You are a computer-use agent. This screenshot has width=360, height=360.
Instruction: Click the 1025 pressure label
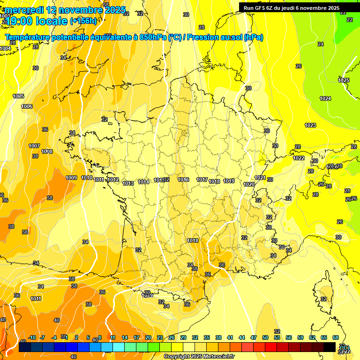coord(344,80)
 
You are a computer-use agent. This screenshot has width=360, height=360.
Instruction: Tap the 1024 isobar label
coord(325,98)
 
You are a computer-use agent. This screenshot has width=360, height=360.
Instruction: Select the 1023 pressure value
coord(310,125)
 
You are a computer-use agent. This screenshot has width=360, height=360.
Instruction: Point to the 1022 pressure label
coord(299,158)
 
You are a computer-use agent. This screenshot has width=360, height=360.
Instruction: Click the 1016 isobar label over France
coord(183,180)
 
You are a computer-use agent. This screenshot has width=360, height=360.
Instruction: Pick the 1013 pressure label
coord(128,183)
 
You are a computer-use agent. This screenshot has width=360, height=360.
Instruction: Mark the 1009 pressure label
coord(71,178)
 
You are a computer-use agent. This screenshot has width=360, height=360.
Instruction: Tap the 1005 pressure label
coord(18,96)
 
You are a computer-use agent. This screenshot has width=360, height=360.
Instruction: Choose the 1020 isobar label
coord(249,184)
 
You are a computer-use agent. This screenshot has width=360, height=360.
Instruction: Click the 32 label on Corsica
coord(323,299)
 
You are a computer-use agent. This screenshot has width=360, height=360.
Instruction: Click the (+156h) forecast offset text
coord(83,21)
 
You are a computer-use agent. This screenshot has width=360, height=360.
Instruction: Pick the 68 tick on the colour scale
coord(336,337)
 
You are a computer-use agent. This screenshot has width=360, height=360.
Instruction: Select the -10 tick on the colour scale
coord(31,337)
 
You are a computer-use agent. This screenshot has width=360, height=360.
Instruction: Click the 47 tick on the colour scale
coord(254,337)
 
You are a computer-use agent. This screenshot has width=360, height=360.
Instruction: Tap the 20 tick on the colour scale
coord(148,337)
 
